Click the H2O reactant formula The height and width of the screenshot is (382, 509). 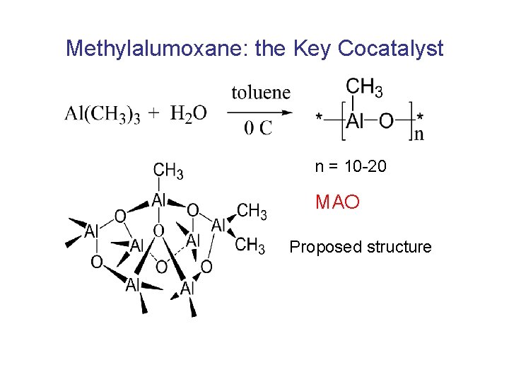point(189,114)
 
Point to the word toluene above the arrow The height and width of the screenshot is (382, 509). point(261,93)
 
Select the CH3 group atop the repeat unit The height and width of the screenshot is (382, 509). point(365,88)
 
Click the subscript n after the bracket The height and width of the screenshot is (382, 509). point(419,134)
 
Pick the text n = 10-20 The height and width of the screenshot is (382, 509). point(351,167)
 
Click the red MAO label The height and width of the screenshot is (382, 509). point(337,203)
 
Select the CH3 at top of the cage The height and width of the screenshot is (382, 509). point(169,171)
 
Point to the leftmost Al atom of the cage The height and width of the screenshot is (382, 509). point(91,231)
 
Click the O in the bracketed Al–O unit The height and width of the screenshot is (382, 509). point(386,121)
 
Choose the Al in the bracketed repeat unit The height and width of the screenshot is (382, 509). point(356,121)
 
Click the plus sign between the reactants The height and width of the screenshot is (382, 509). point(154,114)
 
